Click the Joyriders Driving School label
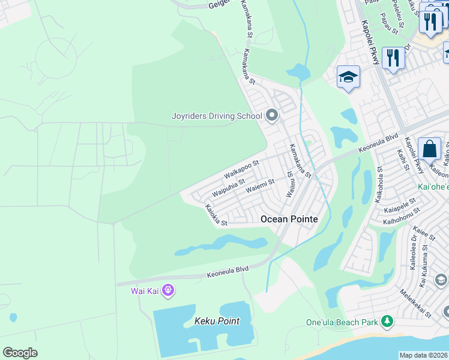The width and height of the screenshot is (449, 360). point(217,116)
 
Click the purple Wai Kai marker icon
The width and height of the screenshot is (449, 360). point(168,291)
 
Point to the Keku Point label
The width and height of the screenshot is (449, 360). point(217,321)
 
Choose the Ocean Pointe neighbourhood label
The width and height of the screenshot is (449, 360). point(289,220)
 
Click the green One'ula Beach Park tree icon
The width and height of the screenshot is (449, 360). point(388,322)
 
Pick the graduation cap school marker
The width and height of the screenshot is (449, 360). point(348,77)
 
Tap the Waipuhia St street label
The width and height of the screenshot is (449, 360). point(229,188)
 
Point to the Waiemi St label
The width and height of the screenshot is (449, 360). point(260,187)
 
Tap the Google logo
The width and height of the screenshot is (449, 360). point(20,353)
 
